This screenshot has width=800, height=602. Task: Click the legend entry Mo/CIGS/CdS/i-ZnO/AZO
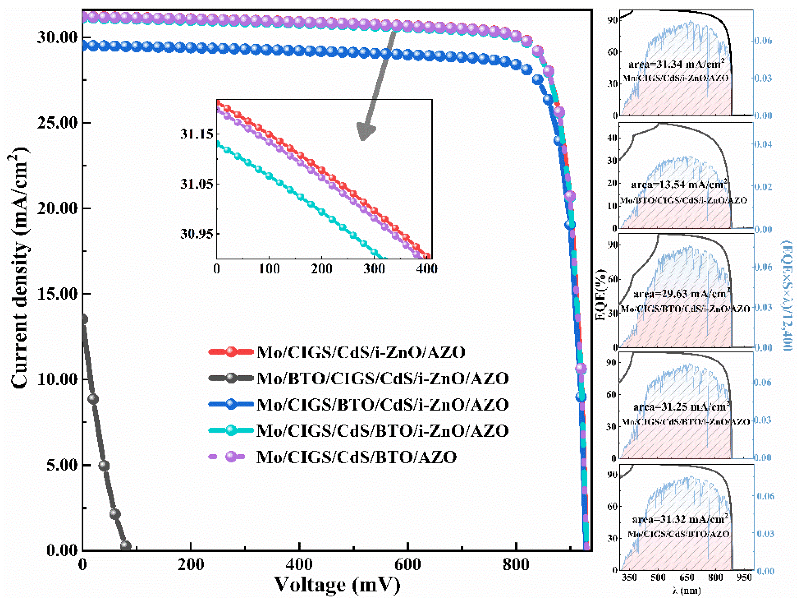point(361,352)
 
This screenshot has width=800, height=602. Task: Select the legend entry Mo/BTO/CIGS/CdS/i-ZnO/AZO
point(382,378)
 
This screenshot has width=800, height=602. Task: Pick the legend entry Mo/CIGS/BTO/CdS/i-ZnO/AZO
point(382,404)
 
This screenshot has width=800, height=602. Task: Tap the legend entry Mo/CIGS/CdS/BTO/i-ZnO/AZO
point(382,431)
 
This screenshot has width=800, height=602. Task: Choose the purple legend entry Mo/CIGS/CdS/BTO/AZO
point(356,457)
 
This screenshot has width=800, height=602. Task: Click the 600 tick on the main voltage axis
point(408,565)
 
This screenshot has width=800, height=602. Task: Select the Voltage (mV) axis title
point(337,585)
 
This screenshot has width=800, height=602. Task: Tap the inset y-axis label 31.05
point(197,184)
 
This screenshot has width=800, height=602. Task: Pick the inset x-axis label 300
point(374,269)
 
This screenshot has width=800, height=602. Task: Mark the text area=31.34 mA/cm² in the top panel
point(676,65)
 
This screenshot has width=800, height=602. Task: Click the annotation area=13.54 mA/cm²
point(679,184)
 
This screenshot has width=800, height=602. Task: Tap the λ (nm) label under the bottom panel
point(686,591)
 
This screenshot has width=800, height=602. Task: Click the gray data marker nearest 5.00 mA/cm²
point(104,465)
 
